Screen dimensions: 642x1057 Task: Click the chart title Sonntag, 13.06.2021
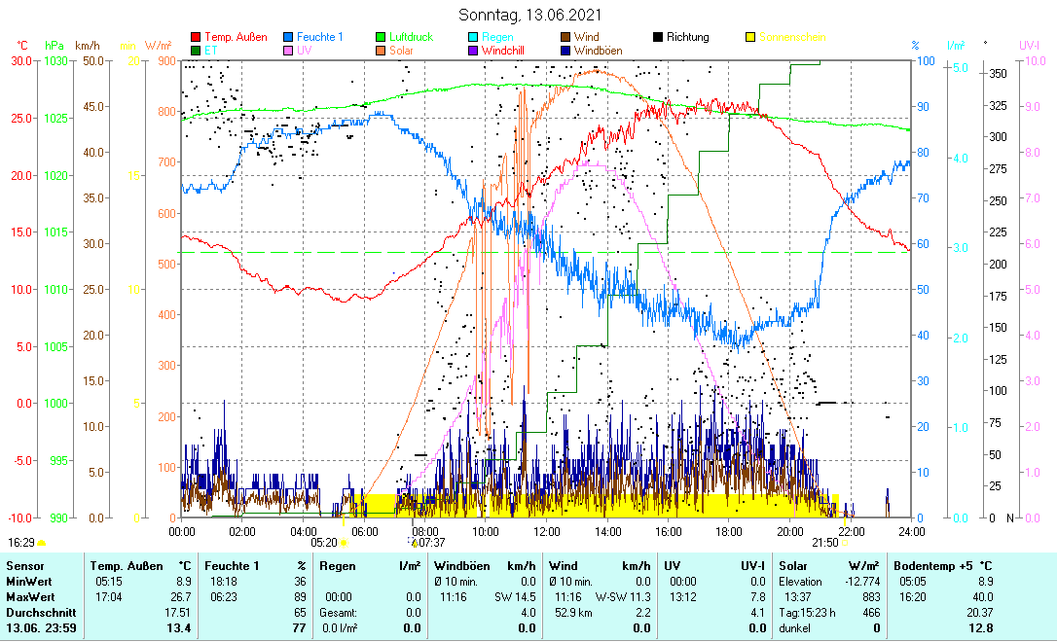pyautogui.click(x=529, y=15)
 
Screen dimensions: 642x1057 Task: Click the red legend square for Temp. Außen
pyautogui.click(x=196, y=38)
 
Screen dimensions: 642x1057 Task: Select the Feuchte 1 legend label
pyautogui.click(x=320, y=38)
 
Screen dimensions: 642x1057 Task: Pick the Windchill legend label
pyautogui.click(x=508, y=50)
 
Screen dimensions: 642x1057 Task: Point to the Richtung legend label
pyautogui.click(x=688, y=38)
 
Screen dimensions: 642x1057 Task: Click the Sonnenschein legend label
pyautogui.click(x=792, y=38)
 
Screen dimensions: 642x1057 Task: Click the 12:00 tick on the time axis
pyautogui.click(x=546, y=531)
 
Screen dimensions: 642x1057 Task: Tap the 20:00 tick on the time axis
pyautogui.click(x=789, y=531)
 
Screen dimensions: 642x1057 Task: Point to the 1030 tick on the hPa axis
pyautogui.click(x=55, y=61)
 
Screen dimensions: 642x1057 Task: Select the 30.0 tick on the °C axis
pyautogui.click(x=21, y=61)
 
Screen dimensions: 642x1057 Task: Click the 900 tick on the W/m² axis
pyautogui.click(x=165, y=61)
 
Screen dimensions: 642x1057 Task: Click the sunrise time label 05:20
pyautogui.click(x=324, y=543)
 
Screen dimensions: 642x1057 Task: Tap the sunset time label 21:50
pyautogui.click(x=824, y=543)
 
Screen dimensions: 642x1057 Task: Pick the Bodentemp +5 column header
pyautogui.click(x=942, y=565)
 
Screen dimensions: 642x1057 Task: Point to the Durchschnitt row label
pyautogui.click(x=34, y=613)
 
